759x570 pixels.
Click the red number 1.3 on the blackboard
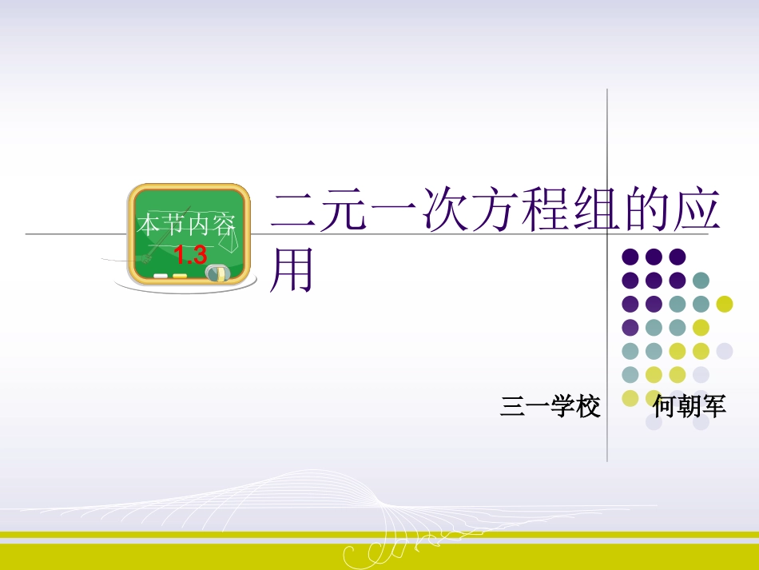[x=190, y=256]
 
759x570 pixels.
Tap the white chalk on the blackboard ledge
[x=161, y=276]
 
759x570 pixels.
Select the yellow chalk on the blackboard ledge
[x=180, y=276]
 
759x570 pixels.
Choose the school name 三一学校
[x=550, y=407]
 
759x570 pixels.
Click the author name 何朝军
[x=689, y=407]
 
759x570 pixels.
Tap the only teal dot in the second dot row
[x=701, y=281]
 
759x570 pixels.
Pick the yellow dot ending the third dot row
[x=725, y=304]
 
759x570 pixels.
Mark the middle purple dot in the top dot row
[x=654, y=257]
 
